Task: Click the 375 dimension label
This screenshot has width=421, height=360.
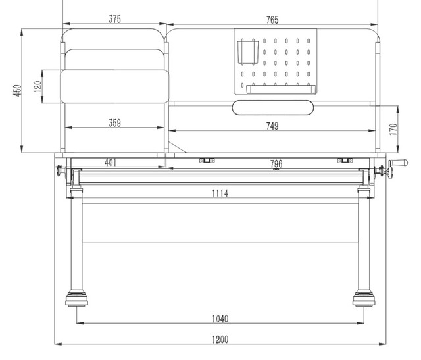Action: point(114,19)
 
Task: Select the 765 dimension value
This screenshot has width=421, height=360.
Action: point(272,20)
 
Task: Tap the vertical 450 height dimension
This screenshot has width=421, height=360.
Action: point(17,91)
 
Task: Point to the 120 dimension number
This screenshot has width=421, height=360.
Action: point(38,86)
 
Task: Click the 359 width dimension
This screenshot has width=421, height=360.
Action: point(114,123)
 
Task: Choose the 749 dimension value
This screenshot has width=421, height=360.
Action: point(272,126)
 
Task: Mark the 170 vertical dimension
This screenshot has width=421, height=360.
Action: point(393,129)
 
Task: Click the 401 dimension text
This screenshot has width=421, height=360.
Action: point(111,163)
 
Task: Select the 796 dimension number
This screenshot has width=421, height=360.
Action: point(276,164)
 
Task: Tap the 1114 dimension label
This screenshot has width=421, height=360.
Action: point(220,193)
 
